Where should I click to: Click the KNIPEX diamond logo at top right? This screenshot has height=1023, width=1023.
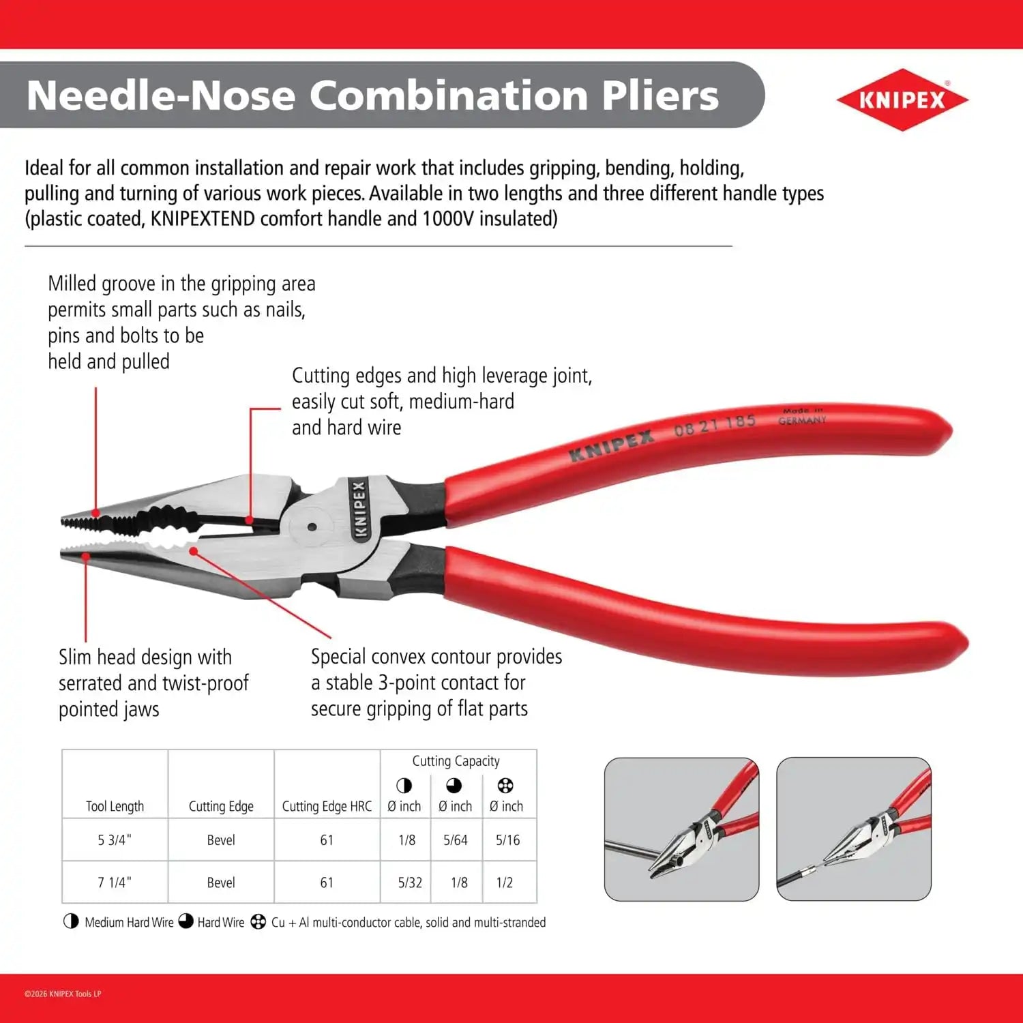[902, 100]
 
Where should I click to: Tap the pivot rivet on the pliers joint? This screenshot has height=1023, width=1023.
[312, 527]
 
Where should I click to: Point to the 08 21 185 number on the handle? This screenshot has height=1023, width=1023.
[715, 425]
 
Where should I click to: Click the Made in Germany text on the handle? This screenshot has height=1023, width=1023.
[802, 416]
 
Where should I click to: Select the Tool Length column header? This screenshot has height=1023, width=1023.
[115, 806]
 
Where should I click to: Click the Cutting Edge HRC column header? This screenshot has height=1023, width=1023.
[327, 806]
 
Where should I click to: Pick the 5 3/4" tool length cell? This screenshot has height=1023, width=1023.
[115, 840]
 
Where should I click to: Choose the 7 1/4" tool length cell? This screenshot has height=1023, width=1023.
[115, 882]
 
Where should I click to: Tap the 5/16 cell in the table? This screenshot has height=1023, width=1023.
[507, 840]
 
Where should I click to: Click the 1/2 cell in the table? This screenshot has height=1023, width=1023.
[505, 882]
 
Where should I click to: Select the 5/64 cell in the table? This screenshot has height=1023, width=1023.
[456, 840]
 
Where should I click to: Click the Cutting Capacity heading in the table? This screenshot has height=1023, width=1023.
[456, 761]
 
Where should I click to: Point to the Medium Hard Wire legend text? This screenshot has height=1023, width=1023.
[129, 922]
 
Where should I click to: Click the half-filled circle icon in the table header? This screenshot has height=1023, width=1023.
[404, 786]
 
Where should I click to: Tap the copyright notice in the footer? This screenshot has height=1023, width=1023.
[63, 994]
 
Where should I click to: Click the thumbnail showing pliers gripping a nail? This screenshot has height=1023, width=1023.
[681, 829]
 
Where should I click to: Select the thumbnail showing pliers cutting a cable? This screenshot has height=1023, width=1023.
[854, 829]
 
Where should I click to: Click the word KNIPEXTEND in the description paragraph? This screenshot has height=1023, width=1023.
[203, 219]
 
